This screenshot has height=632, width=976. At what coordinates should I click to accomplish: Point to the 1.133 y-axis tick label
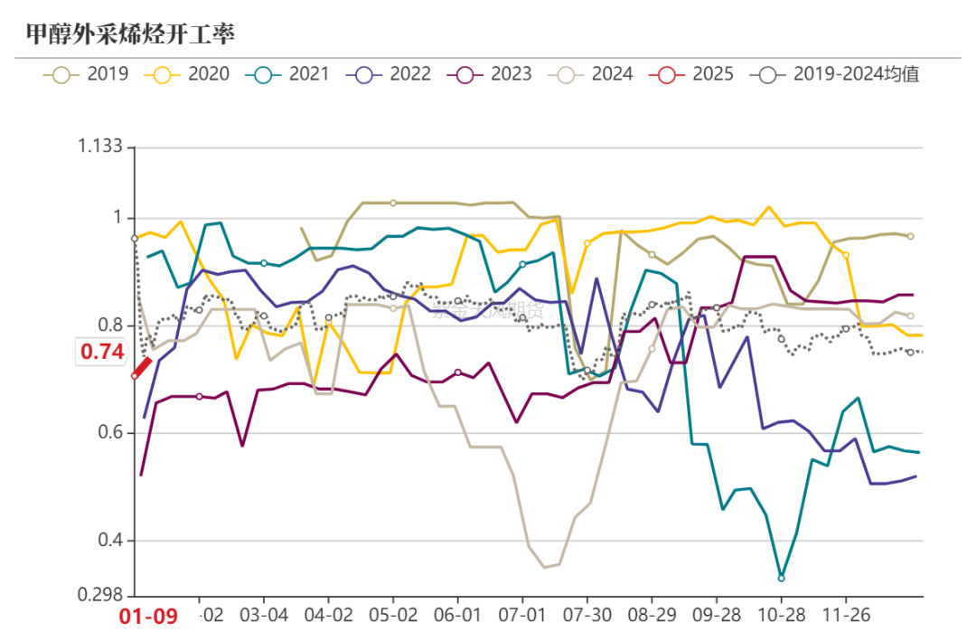click(101, 147)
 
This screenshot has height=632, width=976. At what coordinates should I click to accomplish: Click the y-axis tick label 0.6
click(110, 433)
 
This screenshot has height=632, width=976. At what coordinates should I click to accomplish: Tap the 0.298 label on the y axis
click(101, 595)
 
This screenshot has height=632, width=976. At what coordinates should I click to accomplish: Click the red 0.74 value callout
click(102, 353)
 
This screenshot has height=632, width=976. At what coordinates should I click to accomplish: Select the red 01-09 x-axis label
click(149, 616)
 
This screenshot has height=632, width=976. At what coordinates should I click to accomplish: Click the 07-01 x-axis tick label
click(522, 615)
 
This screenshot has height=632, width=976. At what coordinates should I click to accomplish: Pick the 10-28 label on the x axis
click(781, 615)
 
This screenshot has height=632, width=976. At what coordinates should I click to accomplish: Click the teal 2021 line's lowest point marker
click(781, 578)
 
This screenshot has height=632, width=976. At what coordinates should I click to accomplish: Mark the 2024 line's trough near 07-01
click(544, 567)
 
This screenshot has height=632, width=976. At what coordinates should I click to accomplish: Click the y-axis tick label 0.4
click(110, 541)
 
